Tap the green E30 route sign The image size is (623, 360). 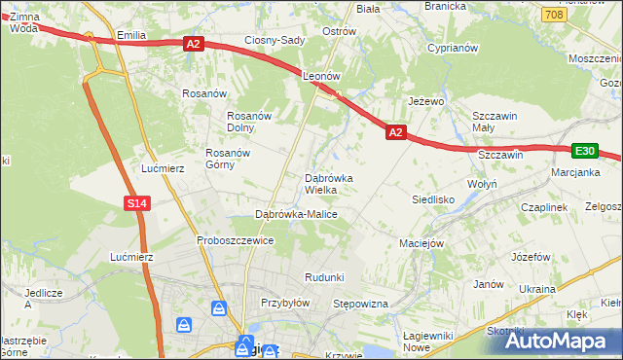[x=584, y=151]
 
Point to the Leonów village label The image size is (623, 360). [x=321, y=75]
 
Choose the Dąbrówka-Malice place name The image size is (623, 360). [x=295, y=214]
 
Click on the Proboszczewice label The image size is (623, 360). [x=235, y=240]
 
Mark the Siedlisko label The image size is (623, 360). [x=434, y=199]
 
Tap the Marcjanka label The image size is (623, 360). [x=573, y=174]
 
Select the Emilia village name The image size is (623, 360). [x=130, y=35]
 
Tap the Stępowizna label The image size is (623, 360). [x=361, y=305]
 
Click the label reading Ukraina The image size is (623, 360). [x=536, y=289]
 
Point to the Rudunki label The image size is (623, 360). [x=324, y=277]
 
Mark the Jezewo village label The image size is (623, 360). [x=426, y=101]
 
